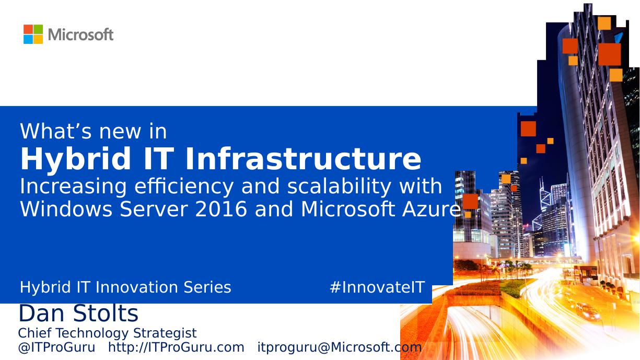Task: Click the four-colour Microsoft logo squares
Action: [x=33, y=34]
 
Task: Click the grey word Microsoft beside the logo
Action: [x=81, y=35]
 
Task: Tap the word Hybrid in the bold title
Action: [x=76, y=160]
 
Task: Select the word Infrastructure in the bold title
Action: [x=303, y=159]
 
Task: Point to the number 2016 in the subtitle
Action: [x=220, y=209]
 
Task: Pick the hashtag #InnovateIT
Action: [x=377, y=287]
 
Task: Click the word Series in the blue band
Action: [x=207, y=287]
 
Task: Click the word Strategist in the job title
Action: [x=165, y=333]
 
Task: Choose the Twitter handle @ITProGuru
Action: [x=56, y=347]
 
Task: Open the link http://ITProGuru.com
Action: [x=176, y=347]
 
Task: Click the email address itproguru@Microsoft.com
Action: [x=340, y=347]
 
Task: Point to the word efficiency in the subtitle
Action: [x=184, y=187]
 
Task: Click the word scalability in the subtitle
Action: [x=339, y=187]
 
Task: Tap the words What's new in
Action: [x=93, y=131]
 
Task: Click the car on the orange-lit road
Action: [x=587, y=311]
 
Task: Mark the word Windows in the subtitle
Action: [x=66, y=209]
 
